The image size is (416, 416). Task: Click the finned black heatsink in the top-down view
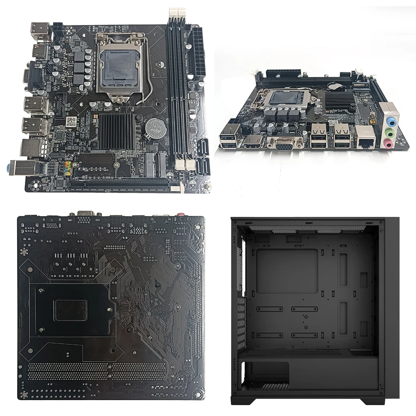[x=116, y=131]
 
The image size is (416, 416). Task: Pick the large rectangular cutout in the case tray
[x=287, y=270]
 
